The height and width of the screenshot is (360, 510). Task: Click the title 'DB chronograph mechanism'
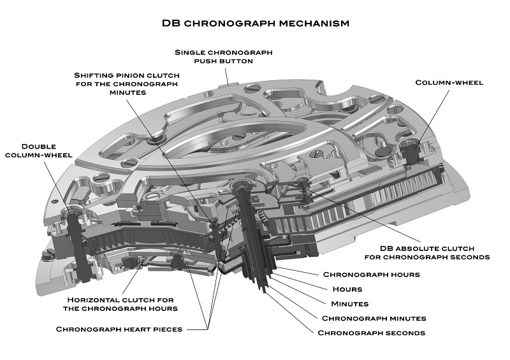[x=256, y=24]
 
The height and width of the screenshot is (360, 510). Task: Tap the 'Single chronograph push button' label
[x=224, y=57]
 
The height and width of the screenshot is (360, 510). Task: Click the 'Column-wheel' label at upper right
[x=449, y=82]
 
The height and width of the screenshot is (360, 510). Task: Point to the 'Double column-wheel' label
[x=39, y=150]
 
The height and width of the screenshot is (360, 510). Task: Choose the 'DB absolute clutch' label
[x=427, y=253]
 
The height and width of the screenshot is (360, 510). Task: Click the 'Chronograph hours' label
[x=372, y=275]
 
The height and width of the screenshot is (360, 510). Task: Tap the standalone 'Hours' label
[x=347, y=289]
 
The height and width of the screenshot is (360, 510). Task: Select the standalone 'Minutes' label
[x=349, y=304]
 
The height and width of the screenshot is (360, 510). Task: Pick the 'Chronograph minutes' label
[x=374, y=319]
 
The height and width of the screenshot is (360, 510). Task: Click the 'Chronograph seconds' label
[x=372, y=333]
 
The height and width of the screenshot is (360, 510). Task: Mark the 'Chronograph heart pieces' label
[x=119, y=329]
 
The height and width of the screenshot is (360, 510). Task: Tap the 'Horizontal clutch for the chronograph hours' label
[x=120, y=304]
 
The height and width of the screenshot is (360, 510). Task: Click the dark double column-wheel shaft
[x=77, y=247]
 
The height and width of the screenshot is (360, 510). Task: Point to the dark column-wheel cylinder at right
[x=412, y=153]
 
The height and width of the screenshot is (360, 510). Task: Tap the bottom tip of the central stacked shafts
[x=265, y=292]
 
